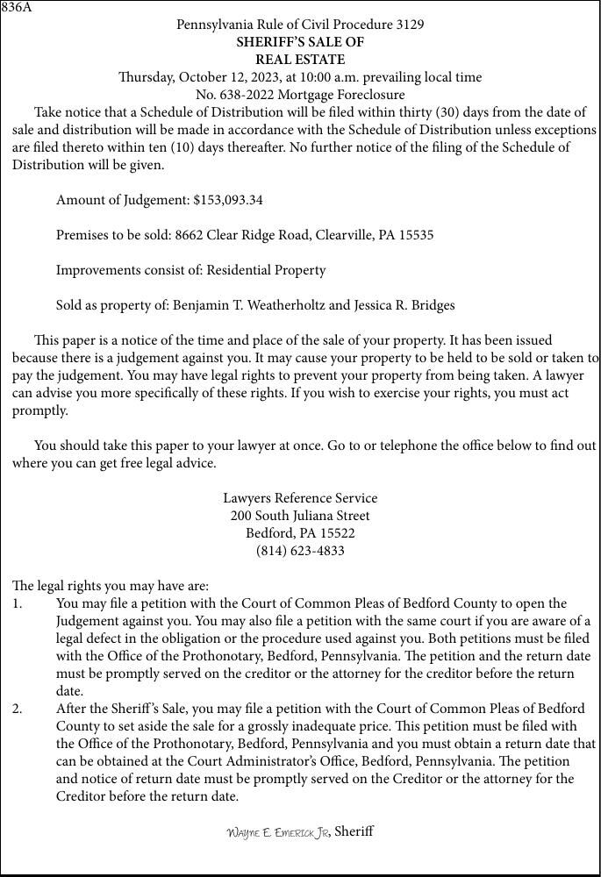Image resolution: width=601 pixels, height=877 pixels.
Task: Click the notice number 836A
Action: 16,8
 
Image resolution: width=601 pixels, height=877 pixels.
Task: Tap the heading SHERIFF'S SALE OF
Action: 300,42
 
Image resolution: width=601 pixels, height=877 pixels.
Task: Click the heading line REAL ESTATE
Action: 300,60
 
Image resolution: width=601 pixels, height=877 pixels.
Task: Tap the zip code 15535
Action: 416,235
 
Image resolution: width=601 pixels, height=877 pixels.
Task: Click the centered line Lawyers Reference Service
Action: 300,498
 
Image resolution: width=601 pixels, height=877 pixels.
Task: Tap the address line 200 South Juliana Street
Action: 300,516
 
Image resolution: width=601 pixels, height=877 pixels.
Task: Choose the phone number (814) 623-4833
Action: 300,551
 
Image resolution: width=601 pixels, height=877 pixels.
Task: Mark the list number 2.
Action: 18,709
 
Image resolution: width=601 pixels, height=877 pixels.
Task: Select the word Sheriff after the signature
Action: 354,831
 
